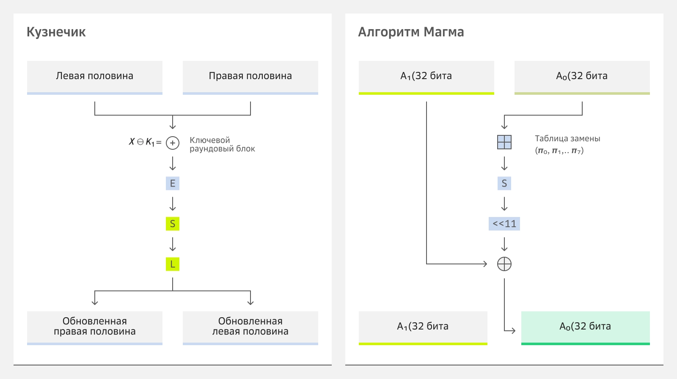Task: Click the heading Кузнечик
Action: click(56, 32)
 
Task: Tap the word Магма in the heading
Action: click(444, 32)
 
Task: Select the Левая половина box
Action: click(95, 77)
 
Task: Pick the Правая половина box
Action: click(250, 77)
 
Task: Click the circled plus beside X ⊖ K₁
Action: click(173, 143)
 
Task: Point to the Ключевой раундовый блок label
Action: click(222, 144)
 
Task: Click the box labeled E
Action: click(173, 183)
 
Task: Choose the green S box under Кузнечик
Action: click(173, 224)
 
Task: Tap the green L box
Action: click(173, 264)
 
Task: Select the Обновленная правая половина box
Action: click(95, 327)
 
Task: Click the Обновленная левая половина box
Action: click(250, 327)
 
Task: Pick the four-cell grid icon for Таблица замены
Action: click(504, 142)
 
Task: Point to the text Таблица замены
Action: click(567, 138)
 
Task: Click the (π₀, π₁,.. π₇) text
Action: click(559, 151)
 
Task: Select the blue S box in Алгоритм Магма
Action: click(504, 183)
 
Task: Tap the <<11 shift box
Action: click(504, 224)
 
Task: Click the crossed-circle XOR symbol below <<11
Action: click(504, 264)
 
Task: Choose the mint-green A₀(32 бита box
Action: click(586, 327)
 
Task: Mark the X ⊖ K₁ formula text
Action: click(145, 142)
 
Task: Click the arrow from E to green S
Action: click(173, 203)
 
